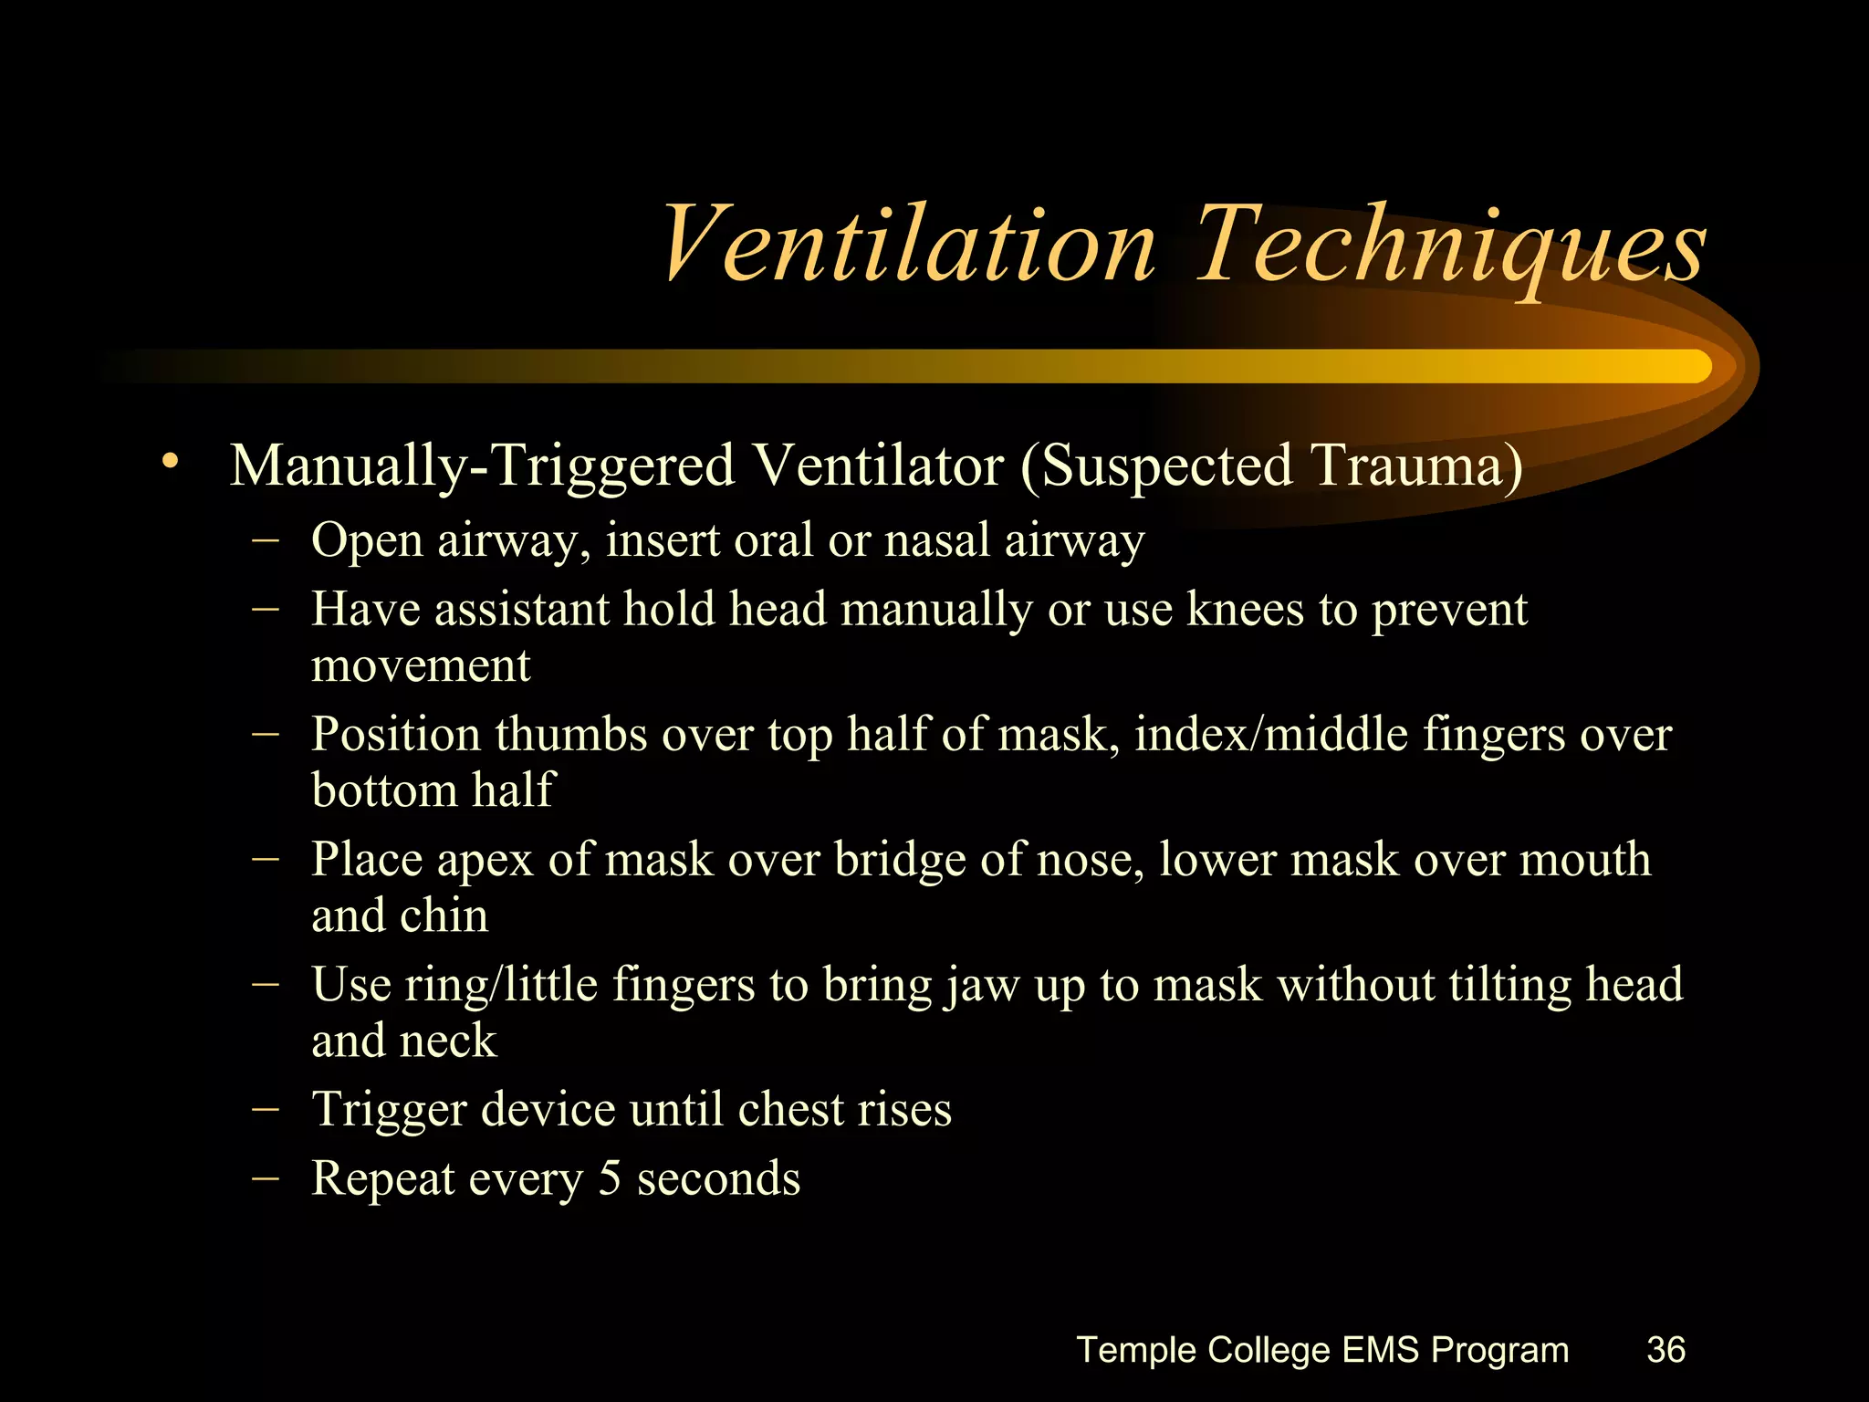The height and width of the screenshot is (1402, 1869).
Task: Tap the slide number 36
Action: coord(1665,1349)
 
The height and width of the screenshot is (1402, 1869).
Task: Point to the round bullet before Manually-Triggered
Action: coord(168,462)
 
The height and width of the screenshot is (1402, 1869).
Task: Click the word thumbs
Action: coord(570,734)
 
